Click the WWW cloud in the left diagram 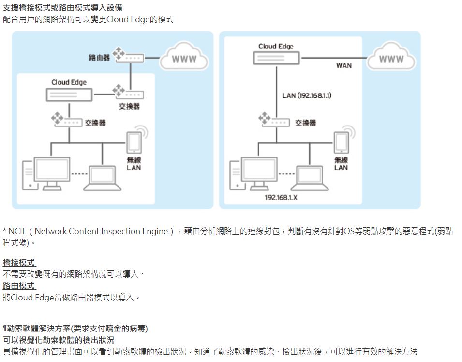(x=184, y=59)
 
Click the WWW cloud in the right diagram (x=391, y=59)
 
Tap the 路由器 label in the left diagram (x=99, y=57)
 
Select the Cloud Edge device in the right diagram (x=277, y=58)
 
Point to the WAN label (x=344, y=65)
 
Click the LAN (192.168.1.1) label (x=307, y=95)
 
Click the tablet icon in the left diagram (x=134, y=143)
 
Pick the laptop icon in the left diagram (x=103, y=178)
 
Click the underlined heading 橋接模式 (x=19, y=263)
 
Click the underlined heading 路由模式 (x=19, y=286)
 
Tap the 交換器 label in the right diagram (x=306, y=123)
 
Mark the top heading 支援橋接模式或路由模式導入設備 (x=62, y=8)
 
